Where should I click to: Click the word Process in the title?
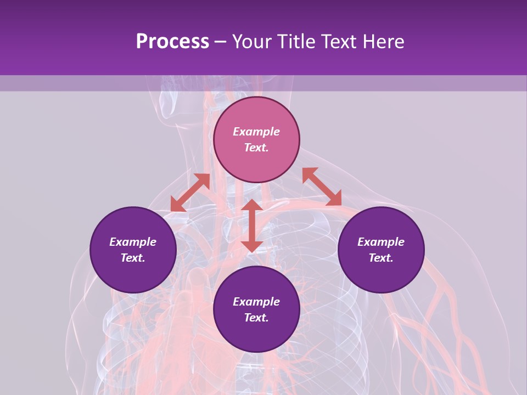(172, 42)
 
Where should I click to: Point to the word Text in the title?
(340, 42)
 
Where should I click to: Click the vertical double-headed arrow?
(252, 225)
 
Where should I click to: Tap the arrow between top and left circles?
(190, 193)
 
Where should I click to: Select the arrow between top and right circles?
(322, 187)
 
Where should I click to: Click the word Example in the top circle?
(256, 132)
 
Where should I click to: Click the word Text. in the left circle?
(133, 258)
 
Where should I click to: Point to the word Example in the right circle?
(381, 242)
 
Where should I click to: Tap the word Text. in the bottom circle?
(256, 318)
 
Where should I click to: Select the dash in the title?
(220, 42)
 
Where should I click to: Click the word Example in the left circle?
(133, 242)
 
